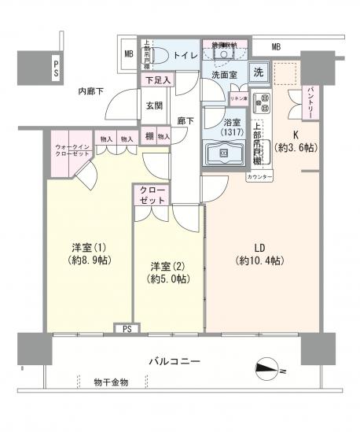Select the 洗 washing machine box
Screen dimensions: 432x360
click(x=258, y=72)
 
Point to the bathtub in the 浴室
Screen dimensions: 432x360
click(x=224, y=151)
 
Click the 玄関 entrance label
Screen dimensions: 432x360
click(x=153, y=105)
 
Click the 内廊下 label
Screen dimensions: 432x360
click(x=93, y=92)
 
